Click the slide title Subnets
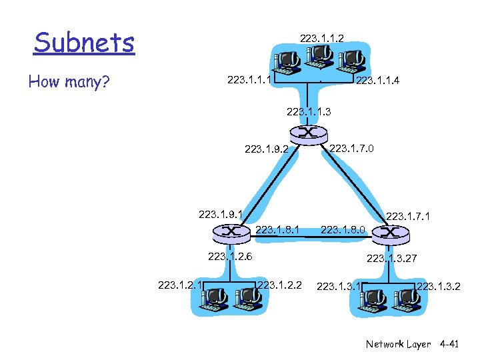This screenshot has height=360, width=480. point(84,43)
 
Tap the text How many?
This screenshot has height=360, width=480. point(69,82)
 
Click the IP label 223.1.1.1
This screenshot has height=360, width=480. point(249,81)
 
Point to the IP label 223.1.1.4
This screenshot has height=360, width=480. point(379,82)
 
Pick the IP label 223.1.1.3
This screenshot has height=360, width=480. point(308,111)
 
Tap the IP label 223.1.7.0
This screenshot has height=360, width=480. point(352,148)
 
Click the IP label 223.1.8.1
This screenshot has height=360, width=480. point(277,230)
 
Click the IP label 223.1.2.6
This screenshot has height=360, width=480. point(230,255)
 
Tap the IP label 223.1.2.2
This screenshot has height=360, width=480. point(279,285)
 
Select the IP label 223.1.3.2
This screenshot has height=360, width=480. point(438,286)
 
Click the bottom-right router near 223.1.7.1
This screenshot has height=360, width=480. point(389,233)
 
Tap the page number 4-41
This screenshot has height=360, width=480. point(453,344)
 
